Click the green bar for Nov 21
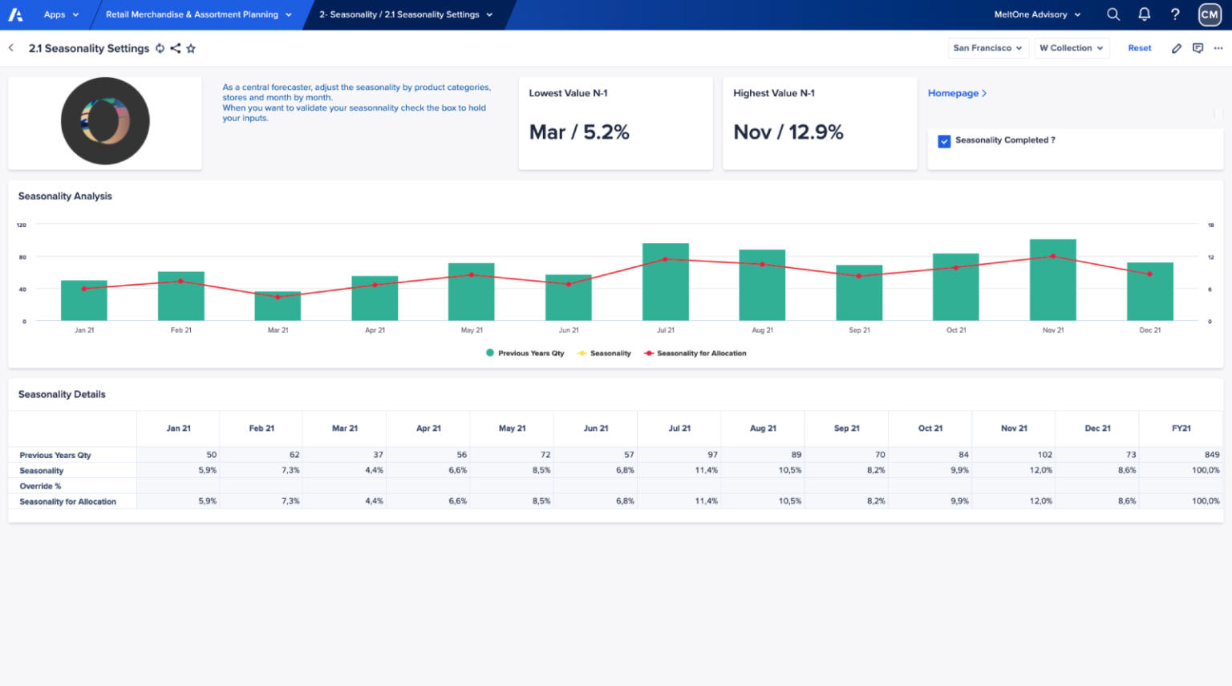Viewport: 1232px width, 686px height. click(x=1052, y=281)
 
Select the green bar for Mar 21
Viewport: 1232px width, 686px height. click(x=278, y=306)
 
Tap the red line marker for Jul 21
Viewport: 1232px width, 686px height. click(x=665, y=259)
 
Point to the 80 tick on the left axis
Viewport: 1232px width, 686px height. click(x=22, y=258)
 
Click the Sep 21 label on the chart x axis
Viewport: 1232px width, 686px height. click(x=859, y=331)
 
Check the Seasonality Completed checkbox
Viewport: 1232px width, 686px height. click(x=944, y=141)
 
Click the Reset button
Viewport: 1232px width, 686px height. click(x=1139, y=48)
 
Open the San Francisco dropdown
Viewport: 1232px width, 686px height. click(x=987, y=48)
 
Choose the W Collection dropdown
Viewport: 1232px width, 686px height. click(x=1072, y=48)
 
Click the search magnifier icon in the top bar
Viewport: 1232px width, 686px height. click(x=1113, y=14)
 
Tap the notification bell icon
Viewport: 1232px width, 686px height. click(x=1145, y=14)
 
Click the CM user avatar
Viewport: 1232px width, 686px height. click(x=1210, y=14)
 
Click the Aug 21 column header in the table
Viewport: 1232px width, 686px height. click(x=763, y=428)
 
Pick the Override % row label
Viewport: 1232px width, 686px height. click(x=40, y=486)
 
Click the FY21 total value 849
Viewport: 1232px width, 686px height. click(x=1211, y=455)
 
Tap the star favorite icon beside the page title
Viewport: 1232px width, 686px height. click(x=191, y=48)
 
